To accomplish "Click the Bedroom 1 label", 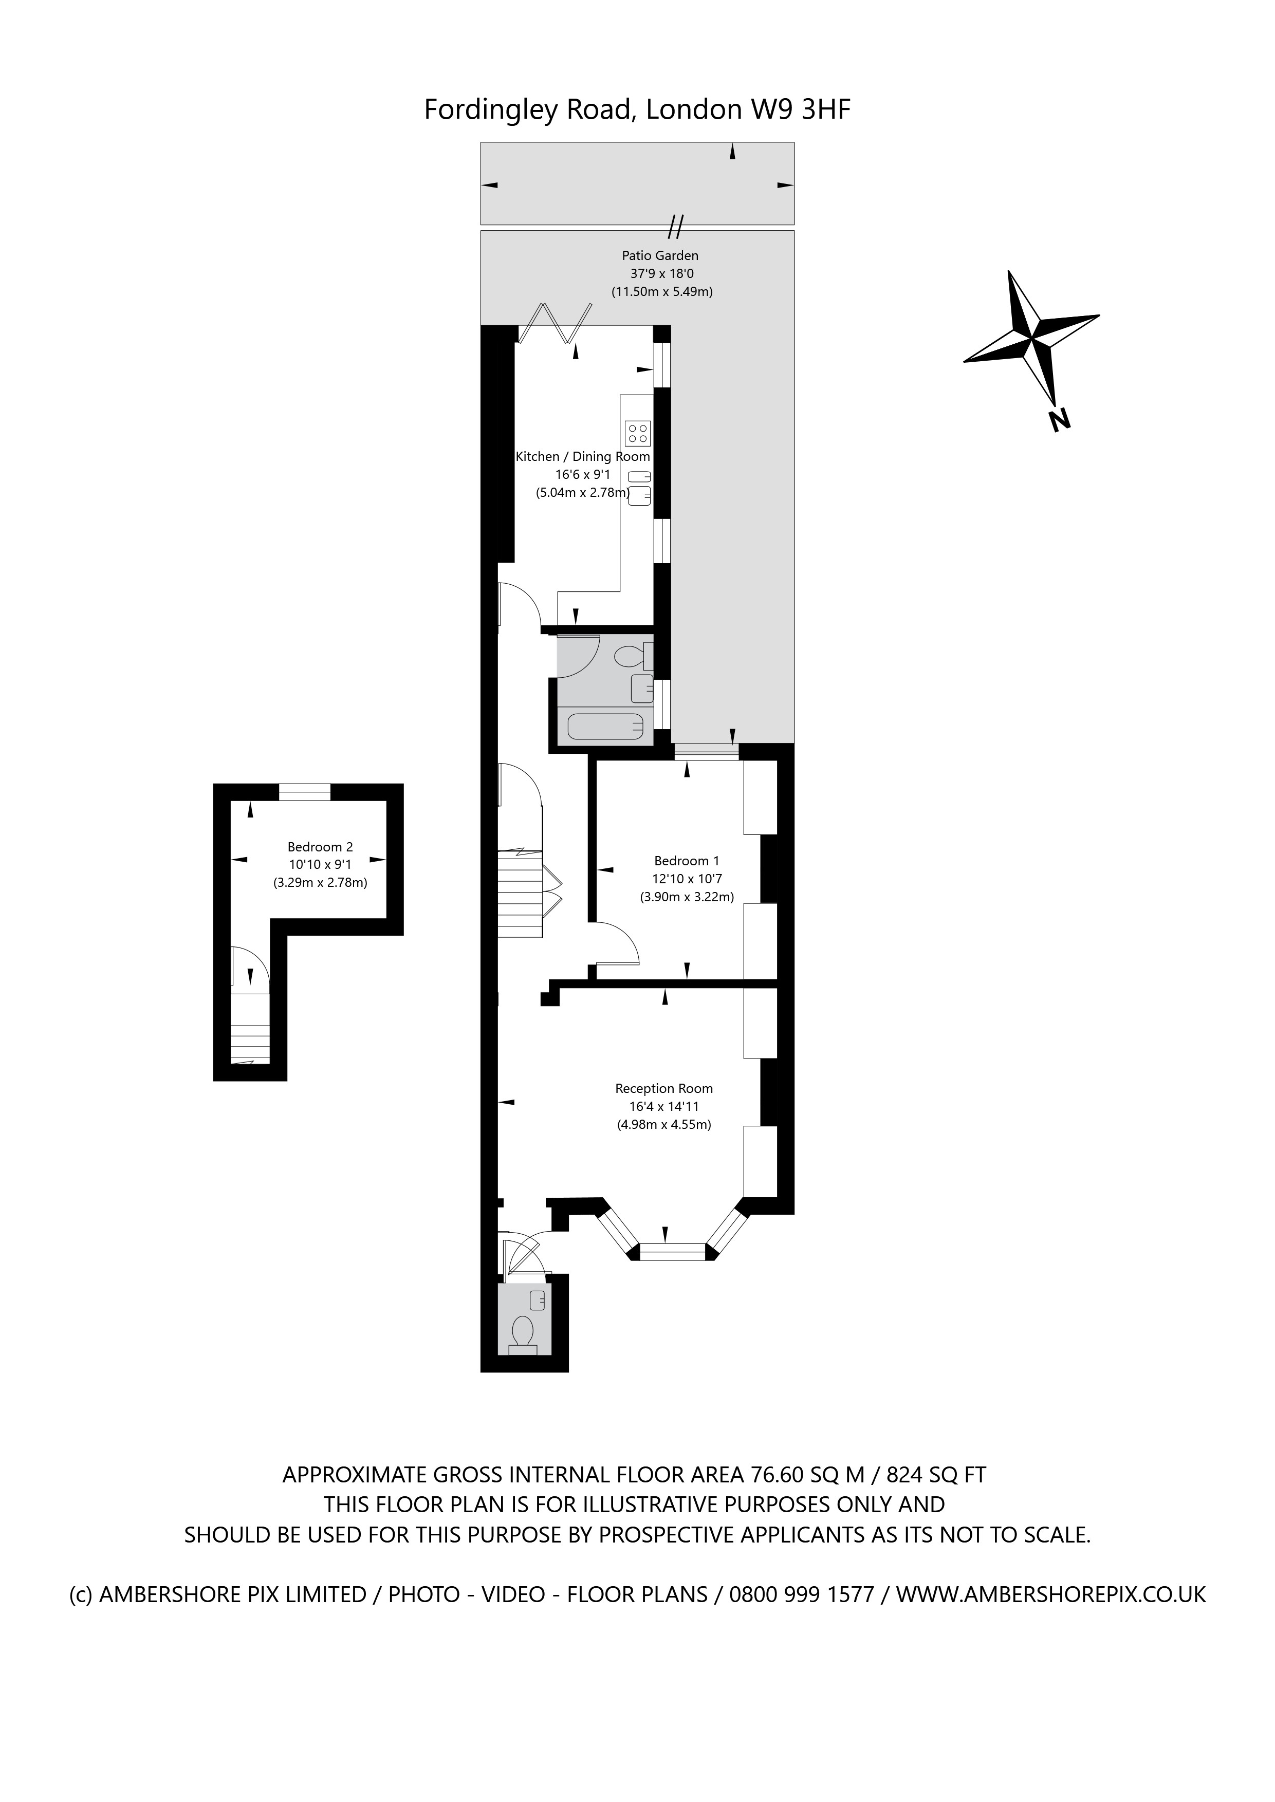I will [686, 861].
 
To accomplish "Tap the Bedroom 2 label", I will [320, 847].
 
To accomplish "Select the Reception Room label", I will [663, 1089].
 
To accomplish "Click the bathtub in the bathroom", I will [605, 727].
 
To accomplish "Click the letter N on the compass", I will [1059, 420].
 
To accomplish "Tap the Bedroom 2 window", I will [305, 792].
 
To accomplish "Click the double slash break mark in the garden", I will [676, 226].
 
